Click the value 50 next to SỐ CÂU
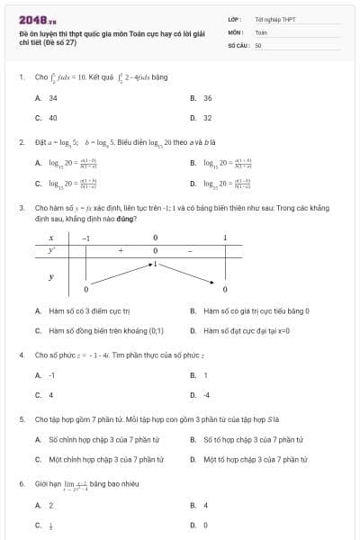click(x=258, y=44)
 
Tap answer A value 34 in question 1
click(x=53, y=98)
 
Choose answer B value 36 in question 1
click(x=207, y=98)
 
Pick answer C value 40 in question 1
click(x=53, y=117)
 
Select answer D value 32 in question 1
click(x=207, y=117)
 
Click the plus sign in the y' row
click(x=120, y=250)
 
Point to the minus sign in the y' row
click(x=190, y=250)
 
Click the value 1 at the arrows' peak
click(x=155, y=264)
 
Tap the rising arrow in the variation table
click(x=120, y=274)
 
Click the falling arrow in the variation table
click(x=190, y=274)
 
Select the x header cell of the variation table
click(x=51, y=238)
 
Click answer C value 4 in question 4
click(x=50, y=394)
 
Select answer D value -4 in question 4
click(x=206, y=394)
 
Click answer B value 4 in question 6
click(x=205, y=506)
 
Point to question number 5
click(x=21, y=419)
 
